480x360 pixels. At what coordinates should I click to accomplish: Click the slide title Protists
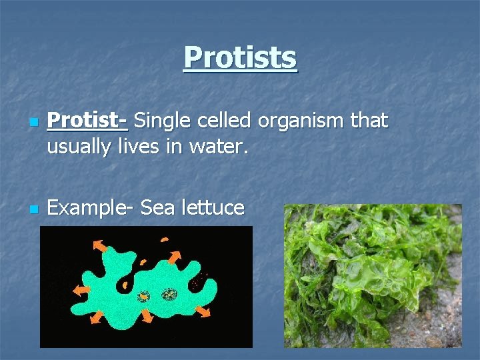pos(240,57)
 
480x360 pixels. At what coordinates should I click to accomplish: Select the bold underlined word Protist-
pos(87,121)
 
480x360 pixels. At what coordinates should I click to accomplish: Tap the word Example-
pos(90,208)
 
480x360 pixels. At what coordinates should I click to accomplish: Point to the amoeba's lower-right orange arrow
pos(203,311)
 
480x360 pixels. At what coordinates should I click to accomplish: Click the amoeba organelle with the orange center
pos(143,297)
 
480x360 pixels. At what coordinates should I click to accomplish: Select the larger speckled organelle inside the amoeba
pos(169,294)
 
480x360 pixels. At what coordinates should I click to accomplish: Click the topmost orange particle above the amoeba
pos(164,239)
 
